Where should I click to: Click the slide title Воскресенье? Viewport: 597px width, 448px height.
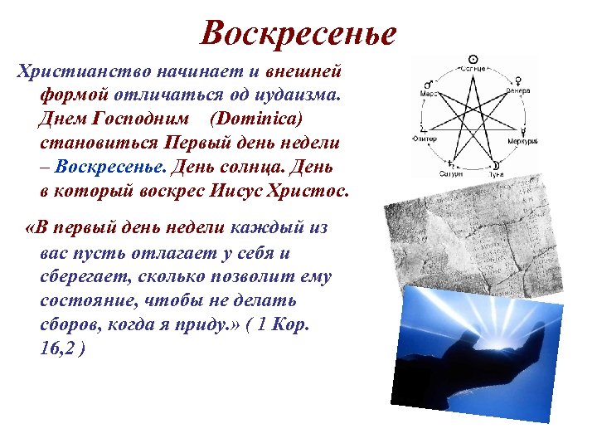pyautogui.click(x=298, y=32)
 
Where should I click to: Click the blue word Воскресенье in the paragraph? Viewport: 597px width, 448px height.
pyautogui.click(x=111, y=166)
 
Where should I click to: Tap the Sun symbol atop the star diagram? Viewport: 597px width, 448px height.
pyautogui.click(x=473, y=59)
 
